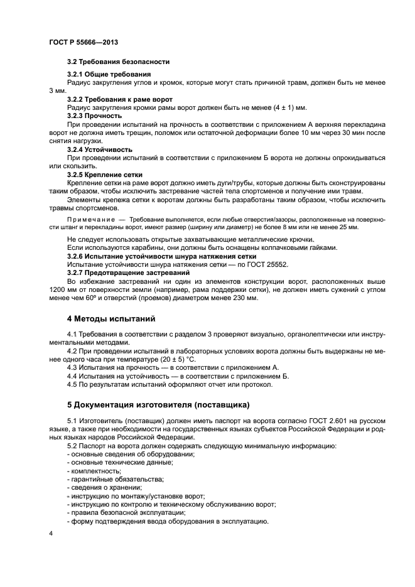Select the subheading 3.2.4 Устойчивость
click(99, 149)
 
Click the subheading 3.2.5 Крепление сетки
click(104, 174)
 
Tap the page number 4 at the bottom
click(51, 532)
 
